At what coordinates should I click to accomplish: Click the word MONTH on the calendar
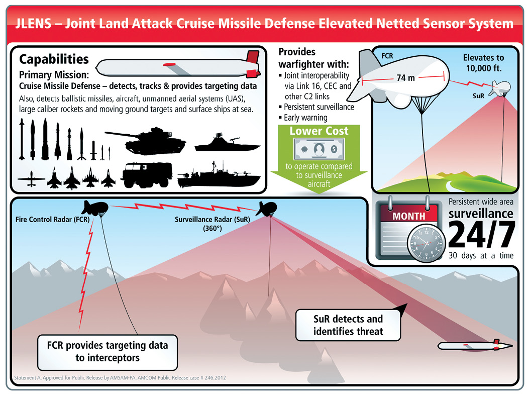[x=408, y=216]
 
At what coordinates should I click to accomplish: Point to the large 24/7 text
[x=481, y=235]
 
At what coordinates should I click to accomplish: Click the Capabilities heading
[x=54, y=59]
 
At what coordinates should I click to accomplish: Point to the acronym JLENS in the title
[x=36, y=23]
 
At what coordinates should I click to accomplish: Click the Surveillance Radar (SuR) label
[x=212, y=220]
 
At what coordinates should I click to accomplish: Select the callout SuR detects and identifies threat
[x=348, y=325]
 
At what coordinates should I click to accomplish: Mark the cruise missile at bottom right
[x=475, y=345]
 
